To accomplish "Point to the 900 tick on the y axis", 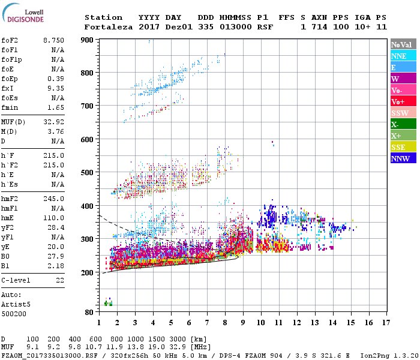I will [88, 40].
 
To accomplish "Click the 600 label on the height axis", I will [88, 140].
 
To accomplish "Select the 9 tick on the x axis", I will [244, 323].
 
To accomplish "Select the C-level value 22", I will [60, 280].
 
